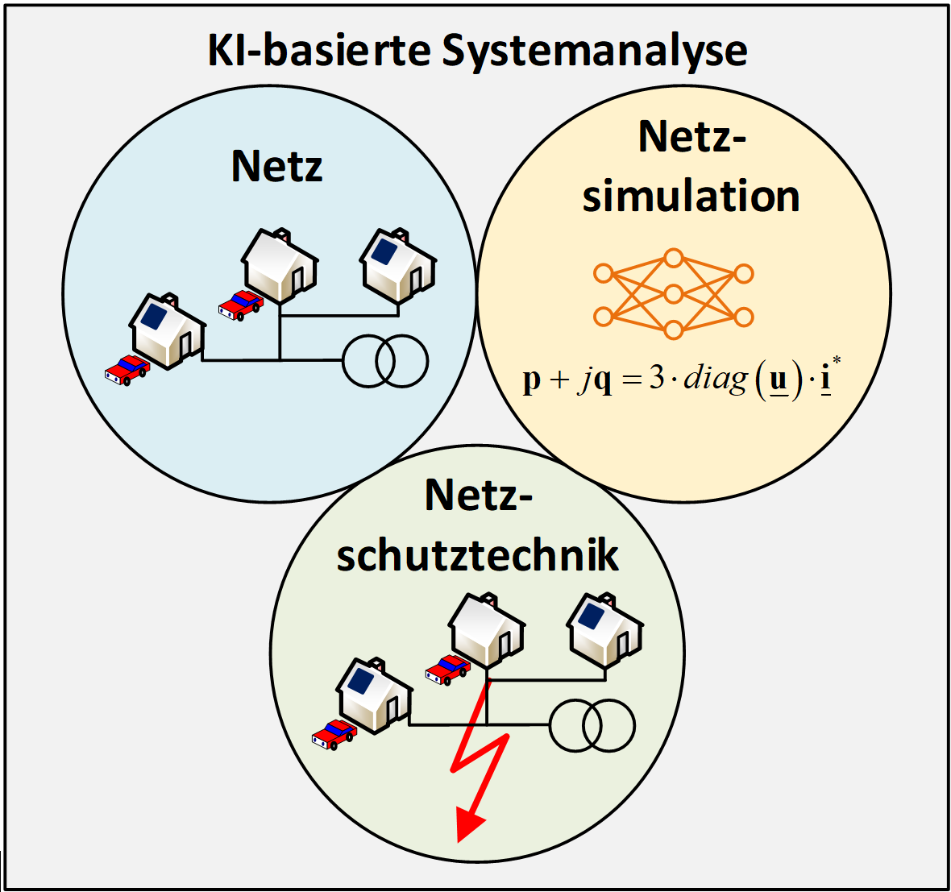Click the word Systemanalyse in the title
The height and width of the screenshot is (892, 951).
point(595,51)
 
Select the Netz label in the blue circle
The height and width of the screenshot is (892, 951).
point(276,166)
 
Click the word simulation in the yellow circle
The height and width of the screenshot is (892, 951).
point(691,196)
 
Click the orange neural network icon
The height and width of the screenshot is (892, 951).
point(673,293)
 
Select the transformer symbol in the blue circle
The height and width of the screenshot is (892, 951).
point(384,362)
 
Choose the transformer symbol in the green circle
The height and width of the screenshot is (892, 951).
point(592,725)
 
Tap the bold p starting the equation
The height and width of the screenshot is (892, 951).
point(531,380)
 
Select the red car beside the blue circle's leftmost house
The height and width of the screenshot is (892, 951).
point(127,369)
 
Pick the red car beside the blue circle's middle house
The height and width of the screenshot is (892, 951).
point(240,305)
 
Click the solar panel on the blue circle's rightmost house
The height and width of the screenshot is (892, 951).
point(384,251)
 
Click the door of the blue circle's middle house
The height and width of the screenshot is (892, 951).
point(298,278)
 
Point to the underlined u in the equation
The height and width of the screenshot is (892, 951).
point(778,380)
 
